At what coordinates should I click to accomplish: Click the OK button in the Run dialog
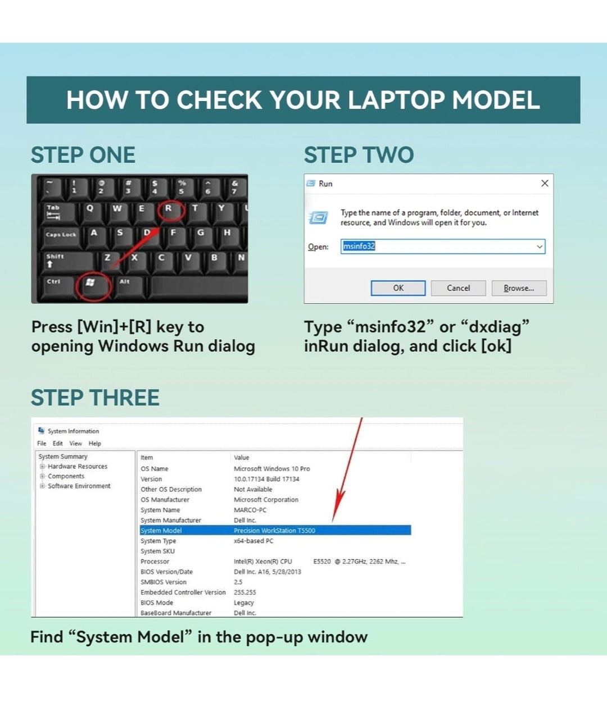pos(398,288)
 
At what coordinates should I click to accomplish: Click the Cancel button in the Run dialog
pos(458,288)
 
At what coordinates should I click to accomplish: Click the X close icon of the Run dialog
pos(545,183)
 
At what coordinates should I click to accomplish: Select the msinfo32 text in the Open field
pos(359,247)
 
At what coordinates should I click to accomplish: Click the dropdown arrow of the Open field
pos(540,247)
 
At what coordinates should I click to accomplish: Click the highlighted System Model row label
pos(161,531)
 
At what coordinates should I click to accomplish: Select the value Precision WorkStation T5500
pos(274,531)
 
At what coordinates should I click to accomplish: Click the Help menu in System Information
pos(95,443)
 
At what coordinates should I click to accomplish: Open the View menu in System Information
pos(76,443)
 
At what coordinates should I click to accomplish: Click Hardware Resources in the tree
pos(78,466)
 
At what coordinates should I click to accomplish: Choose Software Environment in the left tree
pos(79,486)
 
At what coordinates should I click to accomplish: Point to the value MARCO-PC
pos(250,510)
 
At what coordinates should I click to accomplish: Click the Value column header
pos(241,457)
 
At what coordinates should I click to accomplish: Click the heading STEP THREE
pos(95,398)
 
